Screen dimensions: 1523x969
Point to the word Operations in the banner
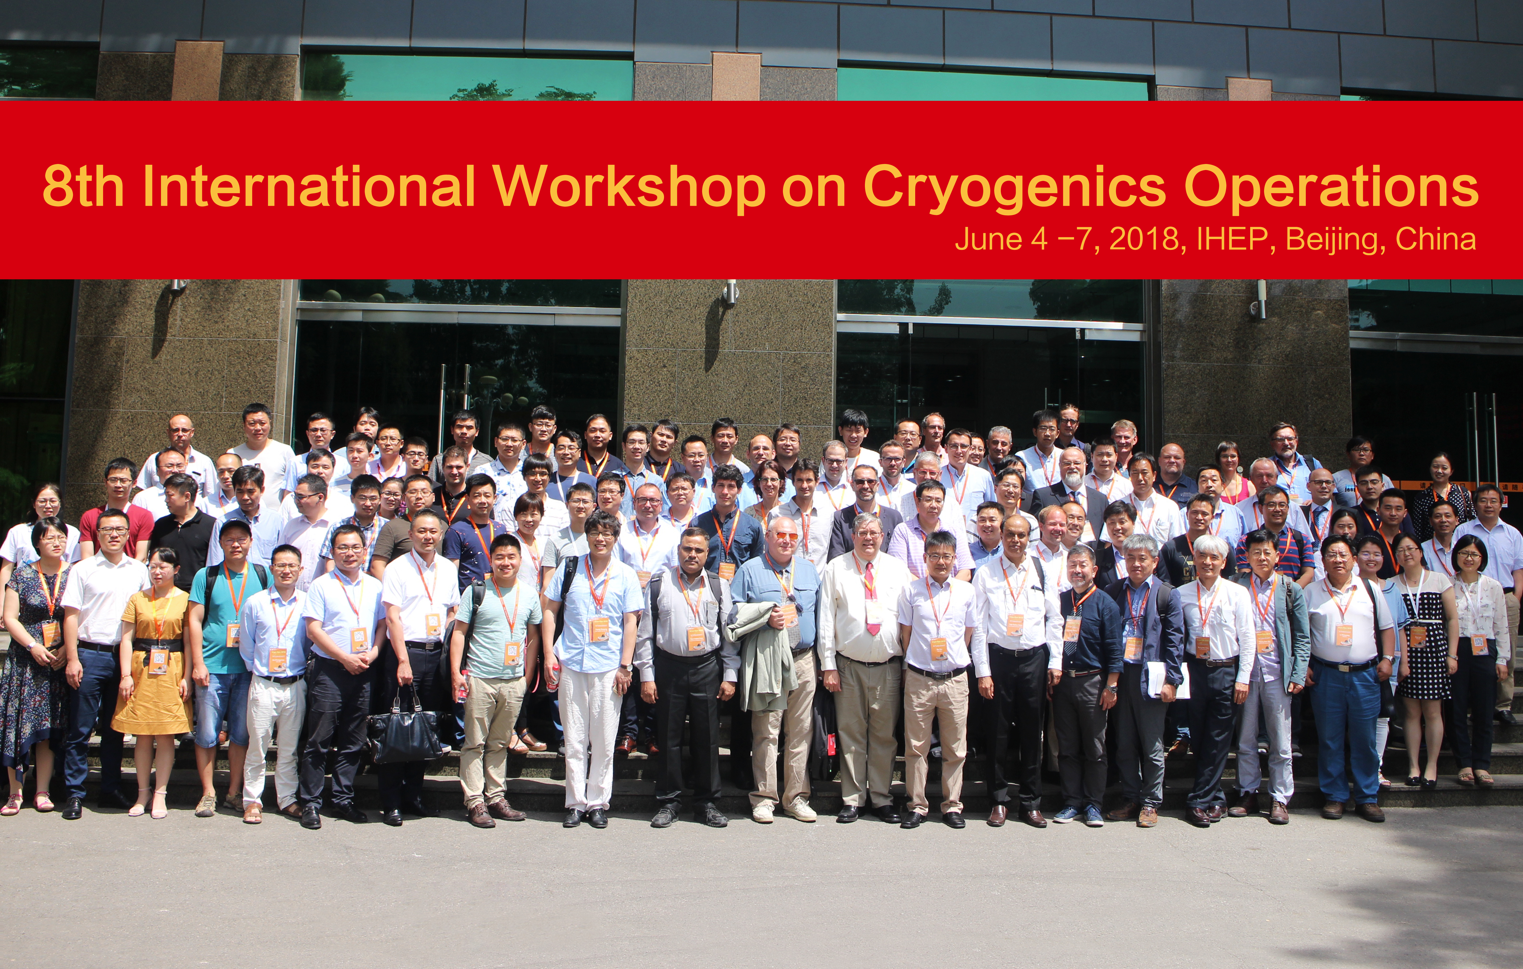point(1331,188)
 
